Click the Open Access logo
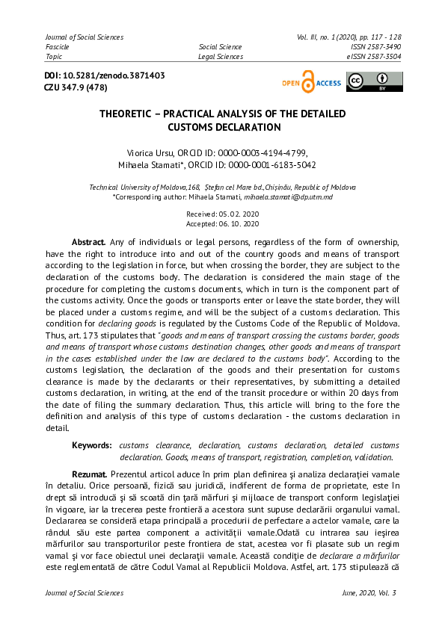pyautogui.click(x=310, y=82)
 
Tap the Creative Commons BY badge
pyautogui.click(x=374, y=82)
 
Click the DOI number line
pyautogui.click(x=105, y=76)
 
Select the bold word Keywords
pyautogui.click(x=92, y=445)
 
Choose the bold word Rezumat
pyautogui.click(x=89, y=474)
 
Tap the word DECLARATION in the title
pyautogui.click(x=240, y=128)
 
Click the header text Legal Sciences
pyautogui.click(x=220, y=56)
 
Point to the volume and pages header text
pyautogui.click(x=349, y=37)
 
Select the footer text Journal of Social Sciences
pyautogui.click(x=85, y=593)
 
